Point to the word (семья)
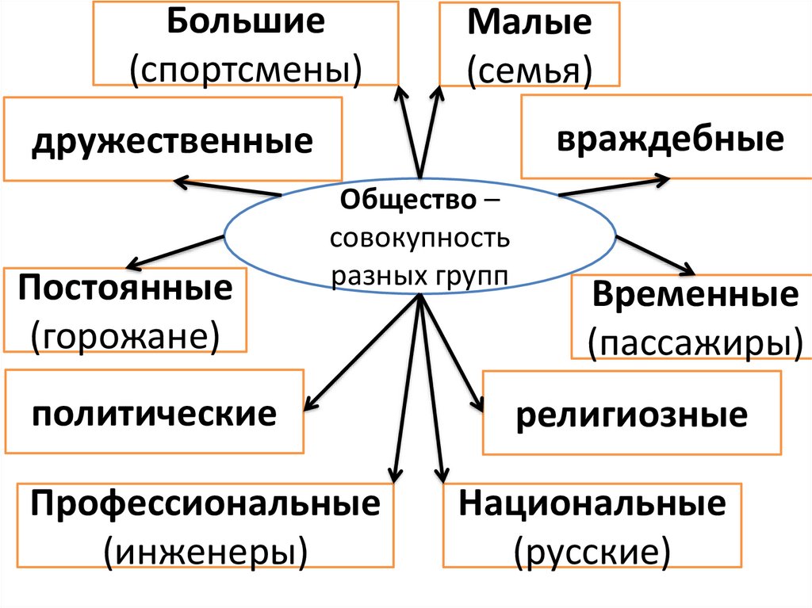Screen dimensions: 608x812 point(529,69)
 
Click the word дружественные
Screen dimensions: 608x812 point(172,142)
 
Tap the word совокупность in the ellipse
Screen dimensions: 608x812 point(421,238)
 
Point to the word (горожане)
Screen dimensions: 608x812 point(125,335)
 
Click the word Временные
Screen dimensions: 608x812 point(695,295)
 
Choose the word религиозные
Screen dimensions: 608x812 point(631,415)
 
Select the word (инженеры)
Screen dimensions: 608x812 point(205,550)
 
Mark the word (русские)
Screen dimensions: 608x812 point(592,550)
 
